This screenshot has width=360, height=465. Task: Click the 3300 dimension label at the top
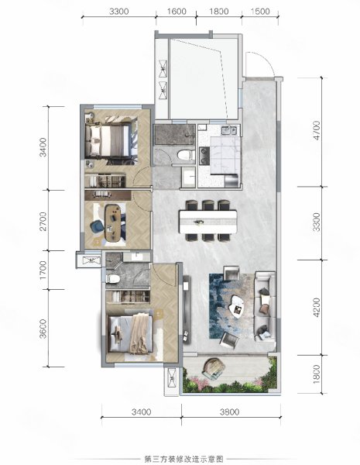118,12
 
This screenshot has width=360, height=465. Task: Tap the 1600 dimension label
177,12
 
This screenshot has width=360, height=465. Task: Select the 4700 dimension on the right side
317,130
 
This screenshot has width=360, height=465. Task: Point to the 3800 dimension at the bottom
230,412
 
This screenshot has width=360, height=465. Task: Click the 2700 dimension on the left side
43,221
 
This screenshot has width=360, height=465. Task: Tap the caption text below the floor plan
183,460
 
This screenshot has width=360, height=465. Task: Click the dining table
208,222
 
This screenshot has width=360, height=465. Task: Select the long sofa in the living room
266,306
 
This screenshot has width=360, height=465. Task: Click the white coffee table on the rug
237,307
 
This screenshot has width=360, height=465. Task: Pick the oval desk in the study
113,222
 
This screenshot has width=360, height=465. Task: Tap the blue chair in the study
96,227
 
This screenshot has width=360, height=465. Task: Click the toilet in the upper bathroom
184,155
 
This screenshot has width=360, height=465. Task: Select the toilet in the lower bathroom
112,278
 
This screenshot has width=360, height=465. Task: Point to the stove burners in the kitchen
204,156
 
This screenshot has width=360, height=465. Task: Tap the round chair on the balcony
213,368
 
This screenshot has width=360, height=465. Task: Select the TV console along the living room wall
187,309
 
